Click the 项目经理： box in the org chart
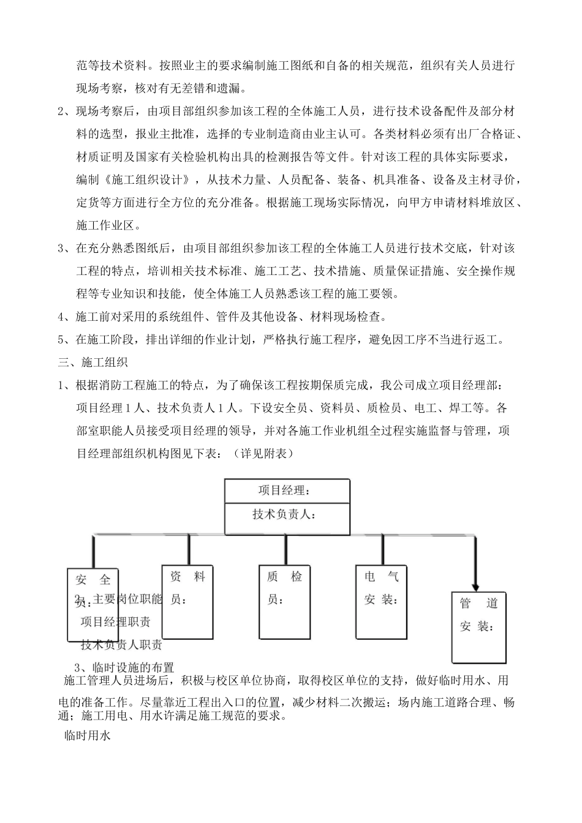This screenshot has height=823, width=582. click(287, 491)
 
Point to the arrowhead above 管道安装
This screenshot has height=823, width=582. click(475, 585)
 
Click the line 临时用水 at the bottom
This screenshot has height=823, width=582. click(86, 737)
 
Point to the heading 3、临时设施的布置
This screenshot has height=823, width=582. click(124, 667)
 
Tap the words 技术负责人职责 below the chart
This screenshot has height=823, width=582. click(121, 644)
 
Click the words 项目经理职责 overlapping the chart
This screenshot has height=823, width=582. click(116, 622)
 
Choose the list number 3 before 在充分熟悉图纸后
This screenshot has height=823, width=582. click(61, 248)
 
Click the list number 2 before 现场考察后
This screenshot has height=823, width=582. click(61, 111)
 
